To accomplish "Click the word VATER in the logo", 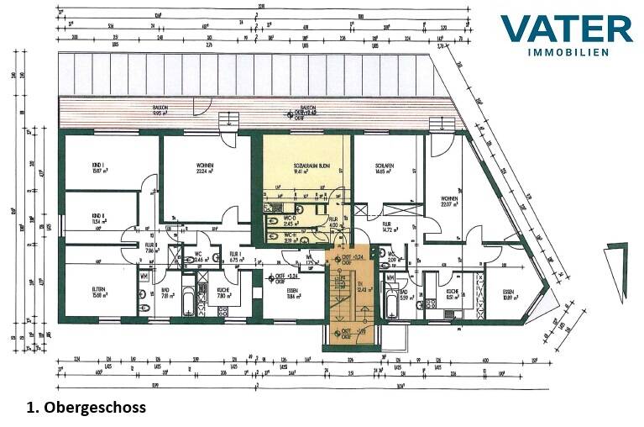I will (x=566, y=29).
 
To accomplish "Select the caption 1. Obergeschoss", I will (x=86, y=407).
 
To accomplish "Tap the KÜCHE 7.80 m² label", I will (x=224, y=293).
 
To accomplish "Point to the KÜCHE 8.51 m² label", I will (x=452, y=293).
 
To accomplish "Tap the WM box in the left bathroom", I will (x=144, y=276).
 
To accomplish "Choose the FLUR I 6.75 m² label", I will (x=235, y=256).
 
